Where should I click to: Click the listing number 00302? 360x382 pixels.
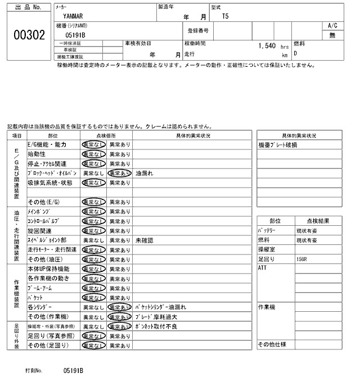tap(28, 34)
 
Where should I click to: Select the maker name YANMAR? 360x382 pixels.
tap(73, 16)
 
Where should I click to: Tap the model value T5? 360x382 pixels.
tap(226, 17)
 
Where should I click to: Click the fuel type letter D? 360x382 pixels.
tap(295, 54)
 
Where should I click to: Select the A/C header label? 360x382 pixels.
tap(332, 26)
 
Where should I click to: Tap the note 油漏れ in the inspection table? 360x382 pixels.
tap(145, 174)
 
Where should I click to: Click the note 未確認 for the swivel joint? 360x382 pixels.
tap(145, 240)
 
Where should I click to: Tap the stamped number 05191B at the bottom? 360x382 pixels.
tap(73, 371)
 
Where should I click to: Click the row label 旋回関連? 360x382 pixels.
tap(39, 230)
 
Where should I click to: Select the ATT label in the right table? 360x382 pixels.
tap(262, 269)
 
